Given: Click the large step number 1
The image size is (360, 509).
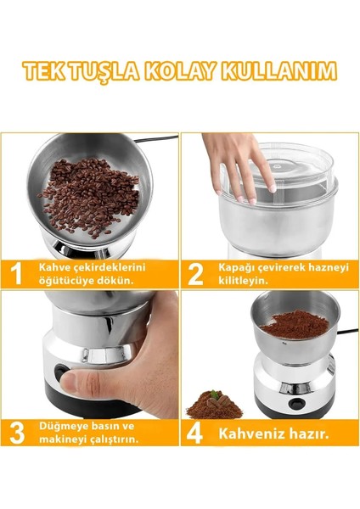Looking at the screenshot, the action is [x=15, y=274].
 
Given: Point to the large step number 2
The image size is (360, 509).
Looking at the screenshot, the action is [x=195, y=274].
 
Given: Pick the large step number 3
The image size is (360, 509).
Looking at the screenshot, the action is [x=17, y=433].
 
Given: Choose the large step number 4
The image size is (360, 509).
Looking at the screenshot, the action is [x=194, y=433].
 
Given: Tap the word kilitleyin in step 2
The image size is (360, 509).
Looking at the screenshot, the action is [x=243, y=281].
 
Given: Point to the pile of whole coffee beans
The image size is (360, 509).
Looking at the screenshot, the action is [x=89, y=198].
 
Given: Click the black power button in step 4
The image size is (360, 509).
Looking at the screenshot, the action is [x=295, y=402].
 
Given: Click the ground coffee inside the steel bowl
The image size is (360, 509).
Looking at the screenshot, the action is [x=295, y=324].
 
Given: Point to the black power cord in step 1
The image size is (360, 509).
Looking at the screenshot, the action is [x=156, y=139].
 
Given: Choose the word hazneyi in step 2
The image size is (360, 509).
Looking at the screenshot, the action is [x=328, y=268].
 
